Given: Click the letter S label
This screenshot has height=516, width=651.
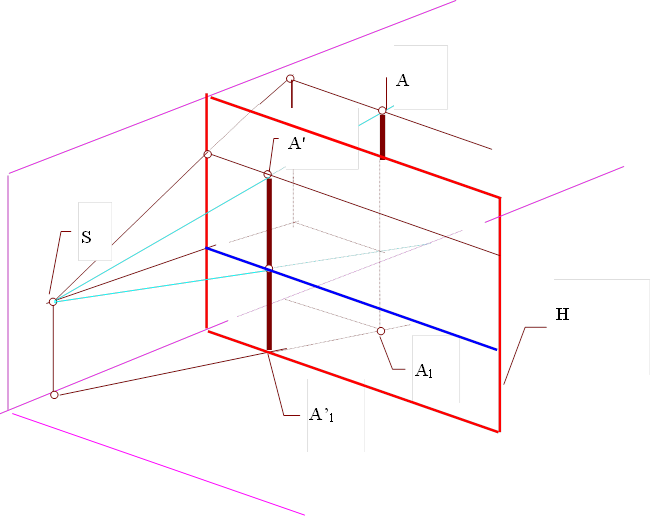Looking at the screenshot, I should (x=87, y=238).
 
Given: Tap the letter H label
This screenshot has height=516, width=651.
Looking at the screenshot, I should (x=562, y=315).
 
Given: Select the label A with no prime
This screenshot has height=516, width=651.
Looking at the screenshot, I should (x=402, y=81).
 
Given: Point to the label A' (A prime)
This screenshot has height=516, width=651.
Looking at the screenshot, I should (x=296, y=144).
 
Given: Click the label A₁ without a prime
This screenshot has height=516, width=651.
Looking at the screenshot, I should (x=425, y=368).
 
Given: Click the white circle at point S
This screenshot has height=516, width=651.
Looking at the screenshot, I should (x=53, y=301).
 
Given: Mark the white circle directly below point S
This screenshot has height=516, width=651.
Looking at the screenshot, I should (x=54, y=395).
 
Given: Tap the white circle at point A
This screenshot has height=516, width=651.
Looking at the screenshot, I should (x=382, y=110).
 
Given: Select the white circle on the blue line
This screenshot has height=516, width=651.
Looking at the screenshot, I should (x=269, y=268).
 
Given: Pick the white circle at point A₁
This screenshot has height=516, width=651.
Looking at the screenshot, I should (x=381, y=330).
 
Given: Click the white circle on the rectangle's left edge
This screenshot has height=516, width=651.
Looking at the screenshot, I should (x=208, y=154).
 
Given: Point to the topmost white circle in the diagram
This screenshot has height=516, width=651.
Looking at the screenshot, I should (x=290, y=78).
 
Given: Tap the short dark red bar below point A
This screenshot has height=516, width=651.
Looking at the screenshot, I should (x=382, y=135).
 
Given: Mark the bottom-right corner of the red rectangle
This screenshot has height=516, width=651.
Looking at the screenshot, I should (x=499, y=432).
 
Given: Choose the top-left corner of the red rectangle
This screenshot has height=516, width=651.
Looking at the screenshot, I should (x=208, y=95).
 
